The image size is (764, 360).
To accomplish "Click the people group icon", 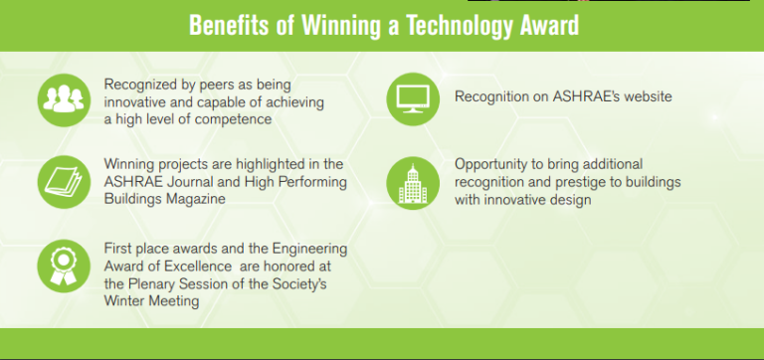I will click(x=64, y=99).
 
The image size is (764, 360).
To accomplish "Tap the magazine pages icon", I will click(x=64, y=181).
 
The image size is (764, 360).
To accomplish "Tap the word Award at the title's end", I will click(x=545, y=25).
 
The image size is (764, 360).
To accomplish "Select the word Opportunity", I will click(x=497, y=163).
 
